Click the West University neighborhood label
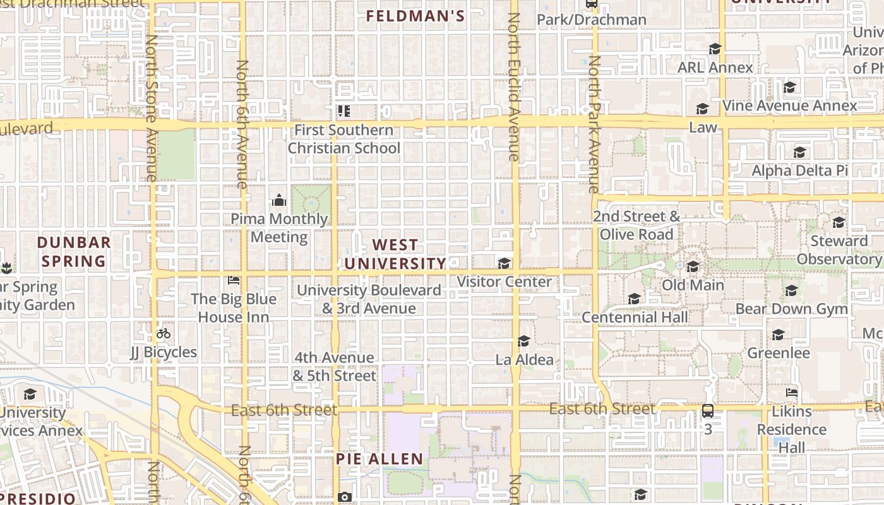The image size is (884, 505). click(x=395, y=254)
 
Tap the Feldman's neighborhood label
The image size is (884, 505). click(x=415, y=16)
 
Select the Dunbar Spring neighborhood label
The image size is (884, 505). click(x=74, y=252)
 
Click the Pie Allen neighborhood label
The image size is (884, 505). click(x=379, y=459)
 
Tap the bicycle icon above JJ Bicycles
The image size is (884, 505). click(x=164, y=333)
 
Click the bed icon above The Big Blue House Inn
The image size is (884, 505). click(x=234, y=280)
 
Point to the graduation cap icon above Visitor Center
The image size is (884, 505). click(x=504, y=263)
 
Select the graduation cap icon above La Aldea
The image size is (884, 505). click(x=523, y=342)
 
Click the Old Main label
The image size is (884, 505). click(x=693, y=285)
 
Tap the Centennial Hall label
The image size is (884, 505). click(x=635, y=317)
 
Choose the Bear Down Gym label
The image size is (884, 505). click(x=791, y=309)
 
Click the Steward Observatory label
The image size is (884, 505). click(x=839, y=250)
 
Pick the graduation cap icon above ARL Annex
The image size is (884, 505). click(x=715, y=49)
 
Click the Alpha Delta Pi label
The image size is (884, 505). click(x=799, y=170)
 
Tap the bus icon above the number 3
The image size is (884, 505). click(x=708, y=411)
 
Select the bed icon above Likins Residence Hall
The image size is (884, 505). click(x=792, y=393)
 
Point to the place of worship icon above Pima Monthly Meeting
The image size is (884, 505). click(x=279, y=201)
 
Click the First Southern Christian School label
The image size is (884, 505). click(x=344, y=139)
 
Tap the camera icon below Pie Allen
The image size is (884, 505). click(x=344, y=497)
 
